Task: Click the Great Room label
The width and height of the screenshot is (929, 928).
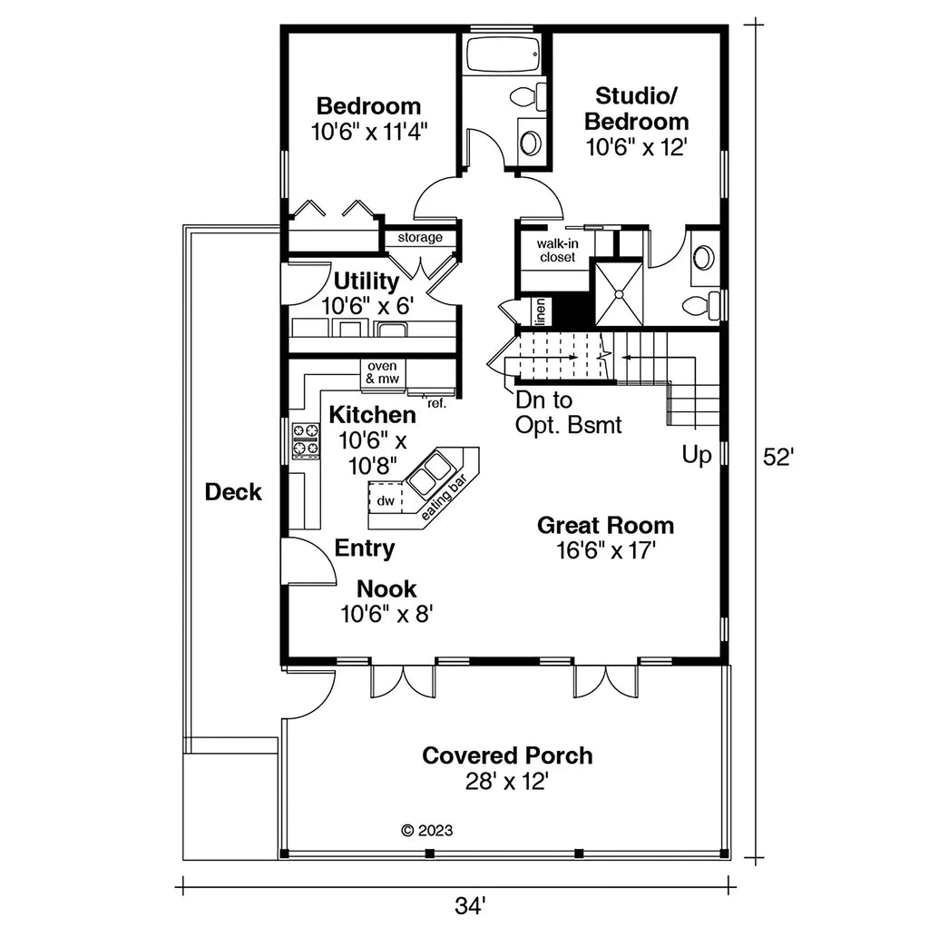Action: pyautogui.click(x=605, y=525)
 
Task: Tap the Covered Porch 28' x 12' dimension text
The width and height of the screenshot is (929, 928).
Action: pyautogui.click(x=507, y=781)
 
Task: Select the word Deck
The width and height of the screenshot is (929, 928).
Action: pyautogui.click(x=233, y=492)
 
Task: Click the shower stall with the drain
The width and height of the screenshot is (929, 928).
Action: pyautogui.click(x=619, y=293)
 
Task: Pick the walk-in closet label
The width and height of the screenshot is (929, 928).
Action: pyautogui.click(x=557, y=251)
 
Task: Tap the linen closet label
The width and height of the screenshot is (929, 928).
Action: pyautogui.click(x=540, y=311)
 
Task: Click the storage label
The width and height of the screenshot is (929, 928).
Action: pyautogui.click(x=420, y=238)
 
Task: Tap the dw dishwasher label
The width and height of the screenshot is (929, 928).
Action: pyautogui.click(x=385, y=500)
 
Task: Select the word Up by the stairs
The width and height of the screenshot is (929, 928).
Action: pyautogui.click(x=697, y=455)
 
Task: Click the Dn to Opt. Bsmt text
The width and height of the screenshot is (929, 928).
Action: pyautogui.click(x=568, y=412)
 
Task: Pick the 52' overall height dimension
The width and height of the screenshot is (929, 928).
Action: pyautogui.click(x=777, y=458)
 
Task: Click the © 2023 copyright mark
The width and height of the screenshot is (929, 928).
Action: pyautogui.click(x=426, y=830)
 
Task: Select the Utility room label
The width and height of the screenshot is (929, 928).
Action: pyautogui.click(x=367, y=280)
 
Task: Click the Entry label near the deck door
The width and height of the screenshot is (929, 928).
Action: pyautogui.click(x=365, y=548)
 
